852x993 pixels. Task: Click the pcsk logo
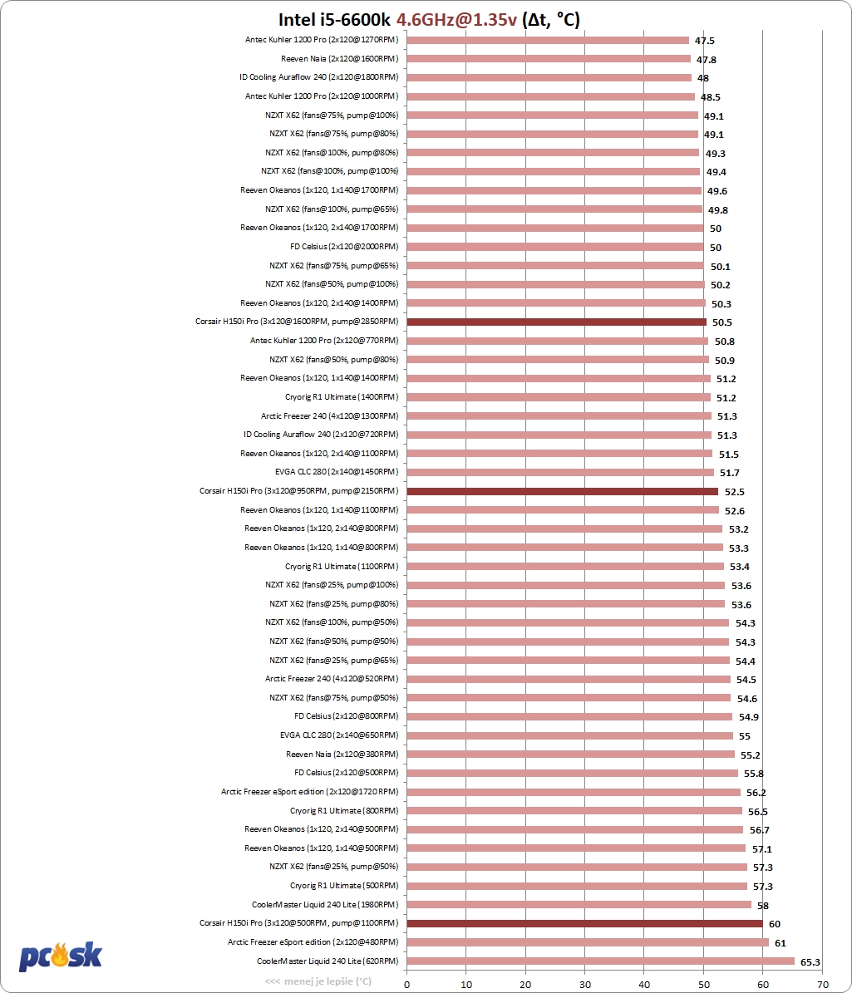[x=60, y=956]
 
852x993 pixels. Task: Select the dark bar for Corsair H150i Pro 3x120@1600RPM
[x=556, y=322]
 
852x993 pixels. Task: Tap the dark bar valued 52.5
[x=563, y=491]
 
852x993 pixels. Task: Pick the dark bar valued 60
[x=584, y=923]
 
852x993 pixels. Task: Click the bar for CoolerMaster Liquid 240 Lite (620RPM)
[x=600, y=961]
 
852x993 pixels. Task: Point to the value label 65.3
[x=810, y=962]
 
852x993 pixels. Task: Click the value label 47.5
[x=704, y=41]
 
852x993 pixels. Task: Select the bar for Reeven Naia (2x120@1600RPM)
[x=549, y=59]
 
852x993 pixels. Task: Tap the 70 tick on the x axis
[x=822, y=984]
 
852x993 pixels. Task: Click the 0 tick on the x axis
[x=406, y=984]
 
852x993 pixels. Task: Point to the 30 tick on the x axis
[x=584, y=984]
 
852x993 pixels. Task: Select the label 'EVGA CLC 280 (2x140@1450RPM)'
[x=337, y=472]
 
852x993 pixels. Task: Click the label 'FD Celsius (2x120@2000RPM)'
[x=344, y=246]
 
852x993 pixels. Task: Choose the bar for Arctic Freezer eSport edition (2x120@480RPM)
[x=588, y=942]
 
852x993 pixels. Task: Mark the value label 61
[x=781, y=943]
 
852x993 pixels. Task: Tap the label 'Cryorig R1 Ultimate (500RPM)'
[x=344, y=885]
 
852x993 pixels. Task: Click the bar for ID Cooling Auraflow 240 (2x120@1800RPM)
[x=549, y=78]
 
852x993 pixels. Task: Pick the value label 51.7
[x=730, y=473]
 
